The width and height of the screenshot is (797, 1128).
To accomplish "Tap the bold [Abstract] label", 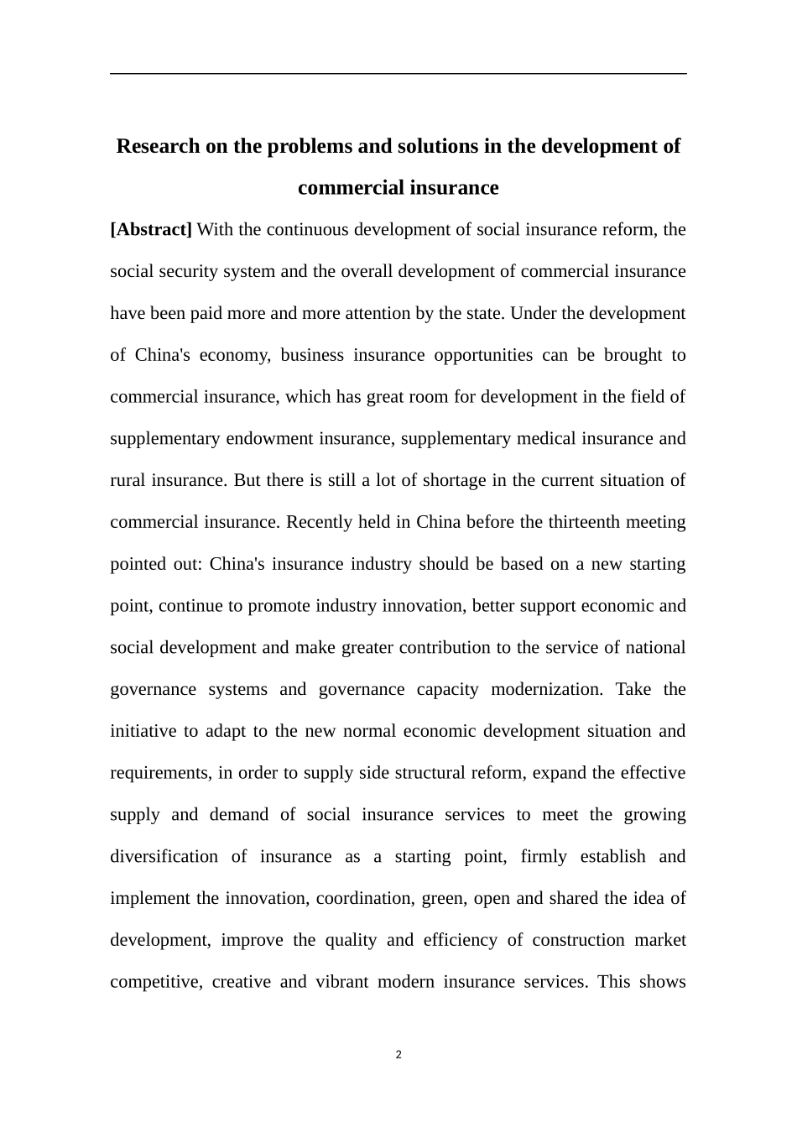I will point(151,230).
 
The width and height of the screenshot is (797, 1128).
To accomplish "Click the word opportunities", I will point(482,355).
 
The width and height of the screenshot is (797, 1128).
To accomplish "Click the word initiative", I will point(143,731).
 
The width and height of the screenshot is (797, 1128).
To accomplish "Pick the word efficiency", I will point(461,940).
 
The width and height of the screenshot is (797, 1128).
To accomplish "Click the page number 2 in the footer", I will point(398,1055).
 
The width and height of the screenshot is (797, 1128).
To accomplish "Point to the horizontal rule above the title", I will point(398,74).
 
